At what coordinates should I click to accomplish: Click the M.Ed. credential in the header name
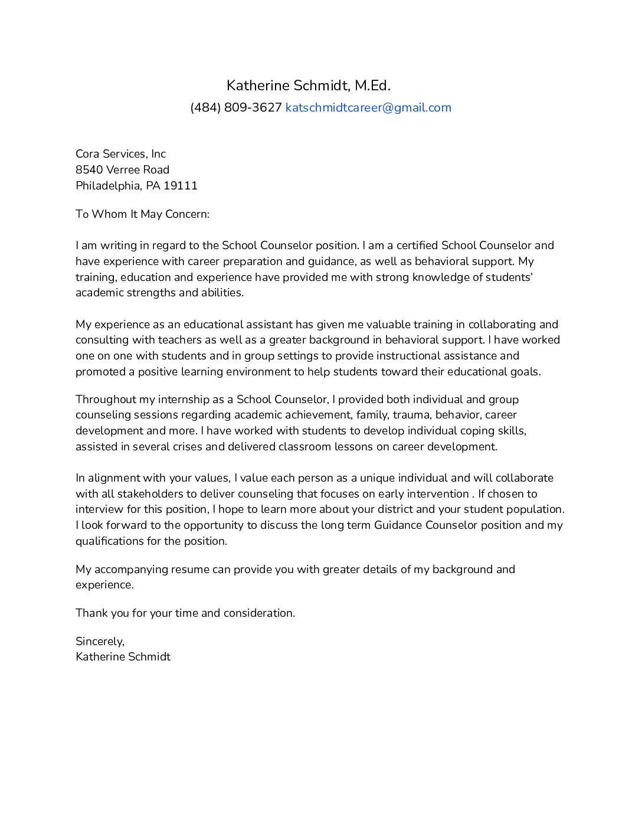point(372,86)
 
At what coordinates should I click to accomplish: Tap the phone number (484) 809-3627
point(236,107)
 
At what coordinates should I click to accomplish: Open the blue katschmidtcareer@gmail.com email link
point(368,107)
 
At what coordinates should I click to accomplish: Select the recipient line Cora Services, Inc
point(120,154)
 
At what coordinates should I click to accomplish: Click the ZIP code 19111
point(181,186)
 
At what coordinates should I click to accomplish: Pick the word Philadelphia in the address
point(108,186)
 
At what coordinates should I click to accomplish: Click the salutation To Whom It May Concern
point(142,214)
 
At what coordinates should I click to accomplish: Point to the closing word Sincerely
point(100,642)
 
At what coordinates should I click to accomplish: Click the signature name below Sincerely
point(123,657)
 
